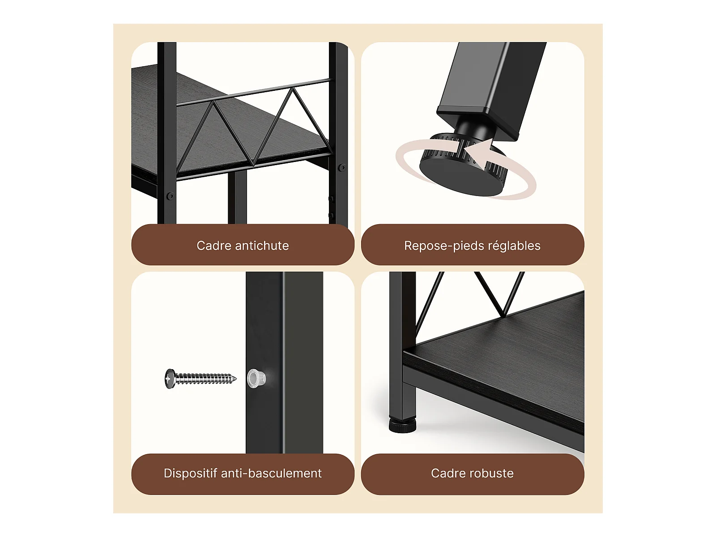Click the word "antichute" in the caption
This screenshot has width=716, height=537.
tap(262, 246)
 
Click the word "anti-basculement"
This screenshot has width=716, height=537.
tap(271, 473)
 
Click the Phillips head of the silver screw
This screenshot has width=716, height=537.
tap(170, 379)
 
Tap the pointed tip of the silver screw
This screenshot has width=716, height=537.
tap(236, 379)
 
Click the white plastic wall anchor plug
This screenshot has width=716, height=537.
tap(256, 379)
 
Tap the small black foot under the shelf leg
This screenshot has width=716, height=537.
tap(402, 426)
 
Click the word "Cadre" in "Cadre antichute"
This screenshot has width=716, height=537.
tap(213, 246)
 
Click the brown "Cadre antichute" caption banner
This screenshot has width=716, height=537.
tap(243, 244)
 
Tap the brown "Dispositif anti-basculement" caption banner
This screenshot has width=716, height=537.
tap(243, 474)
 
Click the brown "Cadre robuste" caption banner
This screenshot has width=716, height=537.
tap(472, 474)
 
